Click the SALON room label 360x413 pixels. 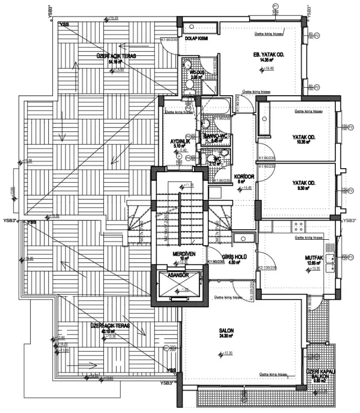pyautogui.click(x=226, y=330)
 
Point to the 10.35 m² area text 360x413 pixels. pyautogui.click(x=303, y=143)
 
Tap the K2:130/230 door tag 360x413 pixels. pyautogui.click(x=266, y=267)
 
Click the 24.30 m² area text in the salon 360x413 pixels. pyautogui.click(x=226, y=336)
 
